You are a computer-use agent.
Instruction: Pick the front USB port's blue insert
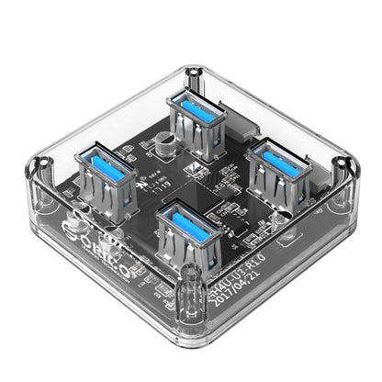pyautogui.click(x=188, y=218)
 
